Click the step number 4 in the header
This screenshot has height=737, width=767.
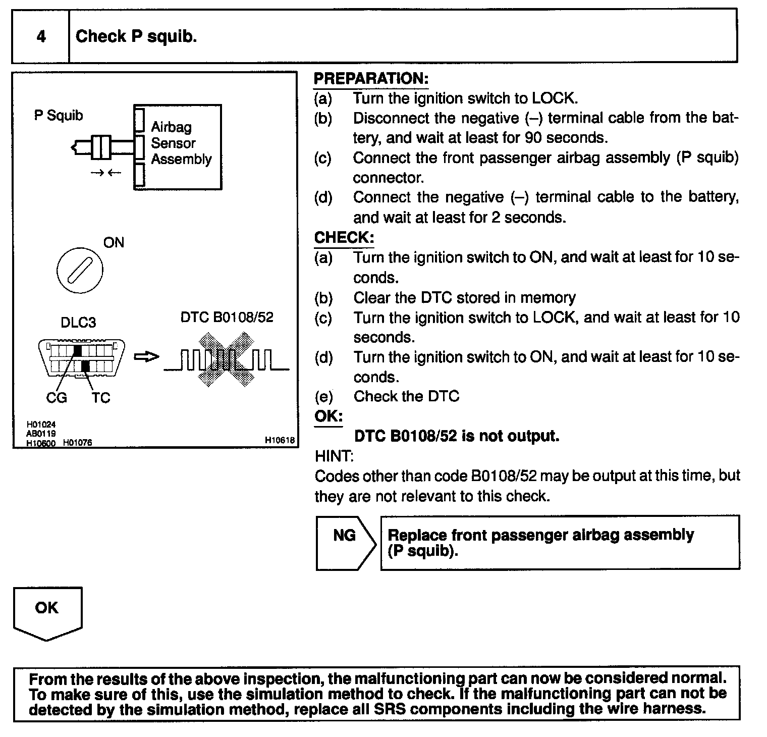[x=41, y=36]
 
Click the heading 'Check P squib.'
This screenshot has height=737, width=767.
[x=136, y=36]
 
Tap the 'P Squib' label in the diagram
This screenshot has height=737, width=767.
[x=59, y=116]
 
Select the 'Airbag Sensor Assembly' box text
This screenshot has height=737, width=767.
[x=181, y=143]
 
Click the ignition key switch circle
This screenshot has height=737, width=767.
[x=80, y=270]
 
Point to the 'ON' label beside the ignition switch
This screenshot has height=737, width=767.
[x=114, y=243]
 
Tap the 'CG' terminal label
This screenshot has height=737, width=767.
[x=56, y=398]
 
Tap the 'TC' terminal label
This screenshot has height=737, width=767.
[x=100, y=398]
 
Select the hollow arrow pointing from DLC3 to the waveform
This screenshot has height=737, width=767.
[x=146, y=357]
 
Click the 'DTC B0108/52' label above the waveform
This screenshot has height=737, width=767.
[x=227, y=318]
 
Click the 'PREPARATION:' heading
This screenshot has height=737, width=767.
[x=371, y=79]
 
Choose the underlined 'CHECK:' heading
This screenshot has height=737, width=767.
[x=344, y=238]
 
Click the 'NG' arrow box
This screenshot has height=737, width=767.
[x=345, y=542]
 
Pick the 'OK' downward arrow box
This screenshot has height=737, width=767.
[x=47, y=611]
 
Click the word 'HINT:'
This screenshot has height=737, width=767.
[x=334, y=456]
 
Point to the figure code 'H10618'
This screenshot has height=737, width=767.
[x=280, y=440]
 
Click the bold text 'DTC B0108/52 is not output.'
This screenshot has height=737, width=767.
[x=457, y=436]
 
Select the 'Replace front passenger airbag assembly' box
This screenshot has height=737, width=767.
[x=560, y=542]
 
